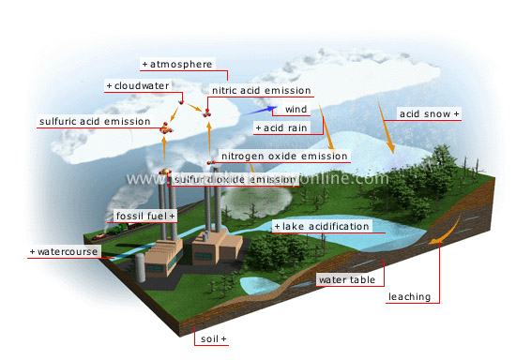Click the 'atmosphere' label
(183, 64)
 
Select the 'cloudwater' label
(140, 85)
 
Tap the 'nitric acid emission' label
(262, 92)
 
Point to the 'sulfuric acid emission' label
(94, 121)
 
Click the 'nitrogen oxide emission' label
(278, 156)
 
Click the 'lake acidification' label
(321, 226)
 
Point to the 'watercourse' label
(64, 252)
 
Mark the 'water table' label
(344, 279)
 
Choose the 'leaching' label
(409, 297)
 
